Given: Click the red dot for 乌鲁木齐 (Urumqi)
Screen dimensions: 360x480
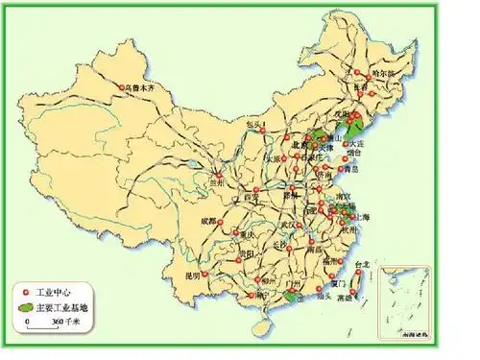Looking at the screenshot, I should [x=123, y=87].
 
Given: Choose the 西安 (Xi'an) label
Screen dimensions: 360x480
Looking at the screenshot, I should [x=252, y=195].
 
